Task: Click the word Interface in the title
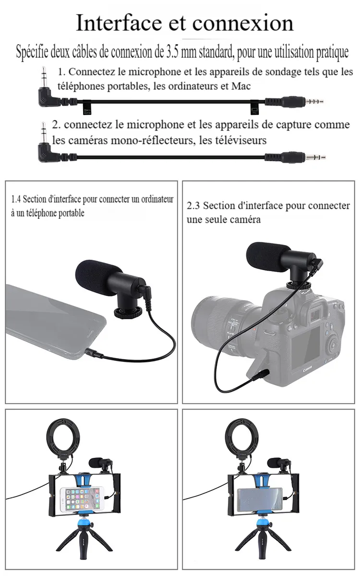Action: pos(119,23)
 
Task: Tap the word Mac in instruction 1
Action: pos(241,86)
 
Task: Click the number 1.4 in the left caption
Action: pos(16,199)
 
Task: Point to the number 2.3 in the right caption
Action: pos(193,206)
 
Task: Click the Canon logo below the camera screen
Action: pos(308,370)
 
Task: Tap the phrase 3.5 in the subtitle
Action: pos(172,52)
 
